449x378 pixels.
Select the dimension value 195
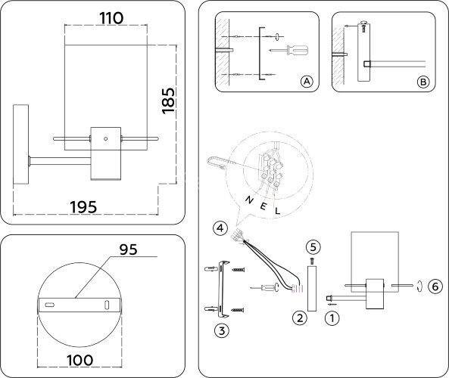(86, 206)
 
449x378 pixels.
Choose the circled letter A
(306, 82)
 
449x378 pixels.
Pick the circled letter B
(423, 82)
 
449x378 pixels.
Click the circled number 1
(330, 318)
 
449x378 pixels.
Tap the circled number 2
(300, 318)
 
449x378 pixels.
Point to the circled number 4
(219, 228)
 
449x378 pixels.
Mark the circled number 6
(434, 286)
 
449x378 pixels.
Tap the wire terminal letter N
(248, 199)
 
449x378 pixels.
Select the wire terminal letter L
(276, 211)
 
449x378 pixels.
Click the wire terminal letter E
(263, 206)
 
